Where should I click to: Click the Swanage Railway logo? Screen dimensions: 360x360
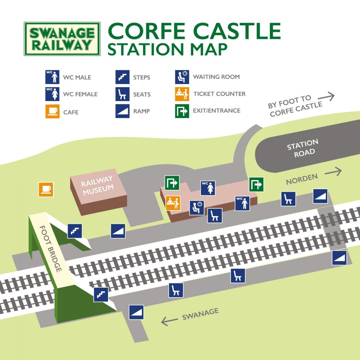click(62, 39)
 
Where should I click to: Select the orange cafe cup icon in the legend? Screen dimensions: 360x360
click(52, 111)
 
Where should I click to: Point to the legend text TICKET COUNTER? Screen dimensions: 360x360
click(219, 94)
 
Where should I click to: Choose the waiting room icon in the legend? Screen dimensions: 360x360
click(181, 77)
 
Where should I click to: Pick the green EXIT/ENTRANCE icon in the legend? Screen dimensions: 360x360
click(181, 111)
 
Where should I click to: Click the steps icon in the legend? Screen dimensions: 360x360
click(123, 77)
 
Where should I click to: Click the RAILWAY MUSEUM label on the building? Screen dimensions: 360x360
click(97, 186)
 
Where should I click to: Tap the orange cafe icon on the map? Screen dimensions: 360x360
click(46, 190)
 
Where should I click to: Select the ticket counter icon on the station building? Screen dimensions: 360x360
click(173, 203)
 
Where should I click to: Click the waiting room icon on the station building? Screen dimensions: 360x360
click(197, 208)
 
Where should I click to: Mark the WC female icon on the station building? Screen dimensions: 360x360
click(208, 188)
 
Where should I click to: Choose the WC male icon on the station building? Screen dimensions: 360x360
click(243, 203)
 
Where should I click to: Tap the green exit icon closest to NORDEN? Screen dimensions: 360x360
click(256, 184)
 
